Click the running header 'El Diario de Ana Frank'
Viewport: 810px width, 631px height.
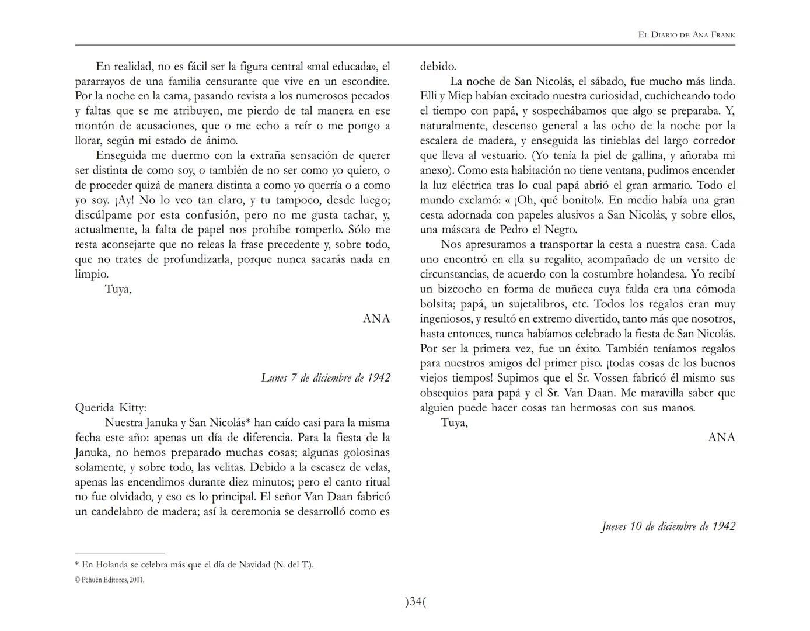[686, 35]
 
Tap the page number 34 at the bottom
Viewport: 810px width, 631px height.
[416, 601]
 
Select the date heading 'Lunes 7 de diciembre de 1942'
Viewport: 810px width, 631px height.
[326, 378]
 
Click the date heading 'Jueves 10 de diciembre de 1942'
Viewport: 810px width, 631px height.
[668, 526]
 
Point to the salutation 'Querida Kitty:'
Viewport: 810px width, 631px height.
[111, 408]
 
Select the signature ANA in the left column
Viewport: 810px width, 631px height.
[376, 318]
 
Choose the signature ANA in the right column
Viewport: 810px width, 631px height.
[721, 437]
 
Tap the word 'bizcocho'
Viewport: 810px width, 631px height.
[454, 289]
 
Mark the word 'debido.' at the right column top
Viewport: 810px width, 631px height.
[438, 67]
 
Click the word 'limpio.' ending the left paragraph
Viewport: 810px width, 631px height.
[92, 274]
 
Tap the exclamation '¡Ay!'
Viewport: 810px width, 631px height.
[124, 200]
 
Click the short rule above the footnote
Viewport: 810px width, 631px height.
[120, 553]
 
